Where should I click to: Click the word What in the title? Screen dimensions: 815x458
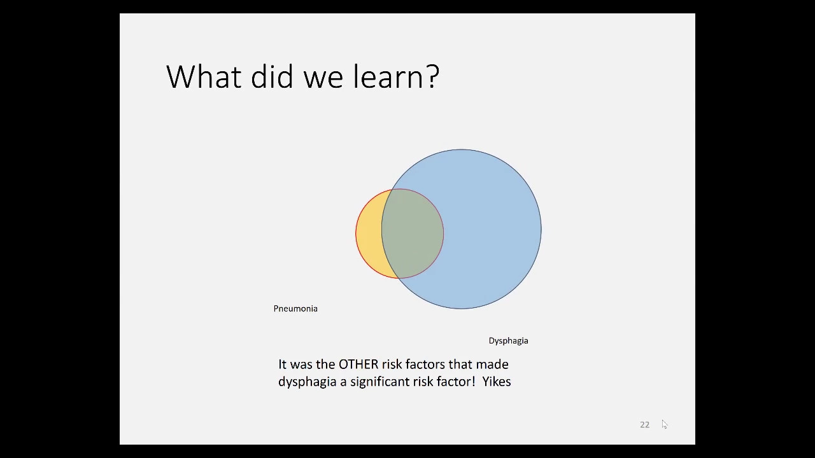tap(204, 76)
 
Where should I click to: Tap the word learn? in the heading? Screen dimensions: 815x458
tap(396, 76)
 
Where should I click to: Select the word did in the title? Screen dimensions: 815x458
tap(272, 76)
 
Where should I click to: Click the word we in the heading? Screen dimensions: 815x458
tap(323, 80)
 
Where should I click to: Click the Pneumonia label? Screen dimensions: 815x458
tap(295, 309)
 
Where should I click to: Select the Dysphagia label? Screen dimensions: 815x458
tap(508, 341)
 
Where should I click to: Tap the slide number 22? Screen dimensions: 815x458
tap(645, 424)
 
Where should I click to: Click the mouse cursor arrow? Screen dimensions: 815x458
tap(664, 424)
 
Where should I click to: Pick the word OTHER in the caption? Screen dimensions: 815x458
tap(358, 364)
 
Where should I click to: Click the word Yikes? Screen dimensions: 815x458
tap(497, 382)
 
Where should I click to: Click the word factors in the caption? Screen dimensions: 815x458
tap(425, 364)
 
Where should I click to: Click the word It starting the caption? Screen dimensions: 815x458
tap(282, 364)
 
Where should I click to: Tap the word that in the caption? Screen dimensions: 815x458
tap(460, 364)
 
